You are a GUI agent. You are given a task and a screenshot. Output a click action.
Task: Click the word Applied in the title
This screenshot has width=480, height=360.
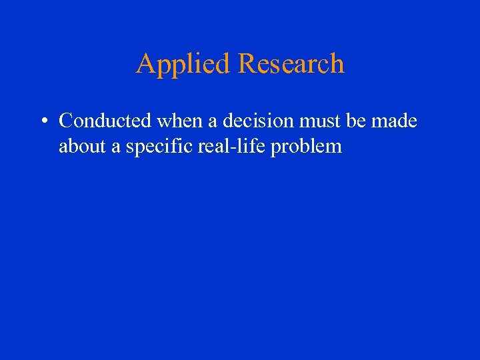(x=183, y=64)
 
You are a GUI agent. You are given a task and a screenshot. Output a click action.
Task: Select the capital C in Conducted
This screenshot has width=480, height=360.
(x=66, y=121)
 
